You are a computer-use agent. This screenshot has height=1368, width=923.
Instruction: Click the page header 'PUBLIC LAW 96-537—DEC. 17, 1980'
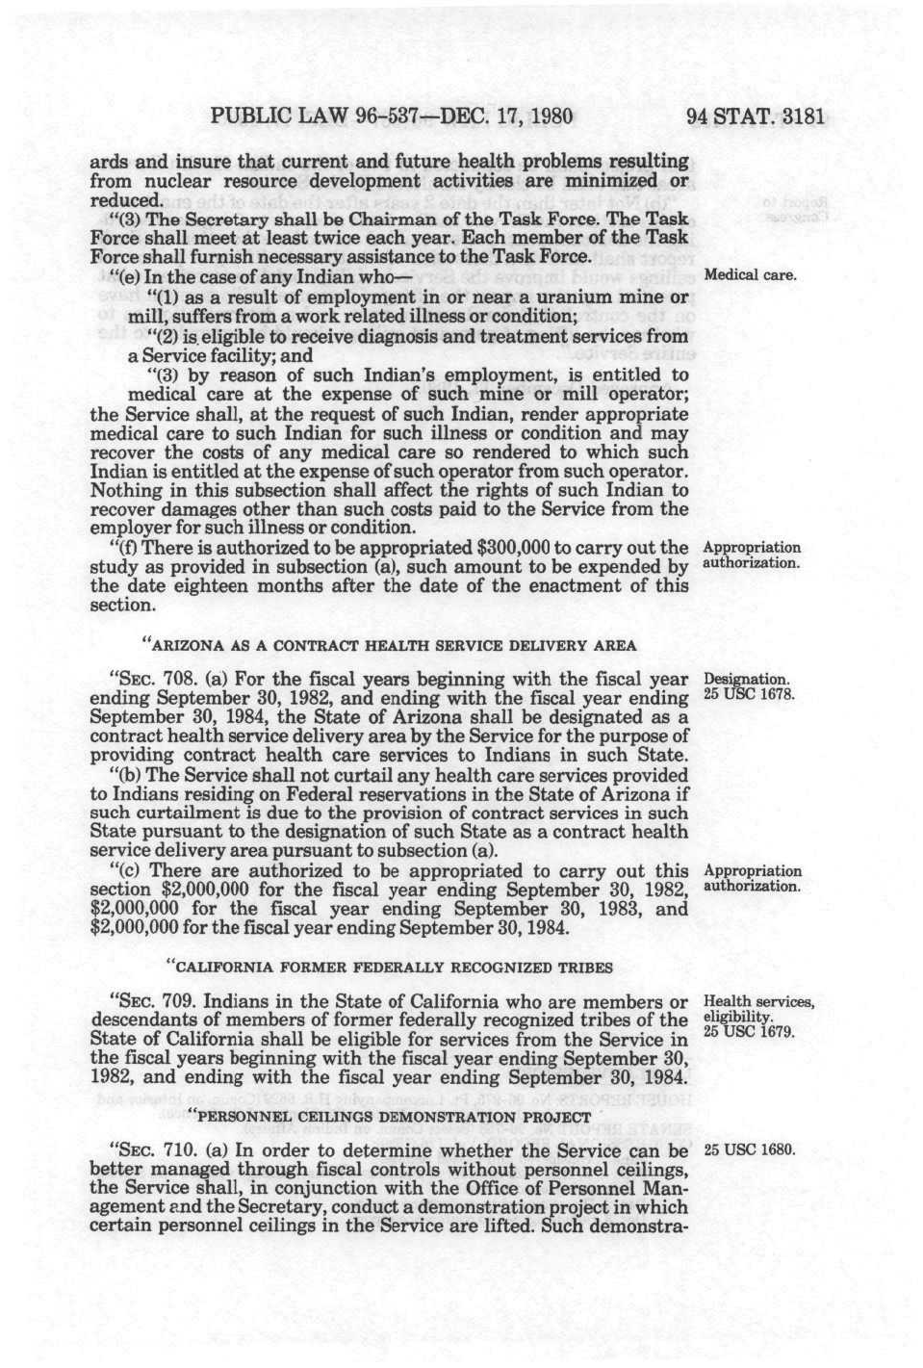click(391, 117)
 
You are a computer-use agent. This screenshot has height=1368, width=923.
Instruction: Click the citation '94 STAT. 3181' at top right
click(756, 117)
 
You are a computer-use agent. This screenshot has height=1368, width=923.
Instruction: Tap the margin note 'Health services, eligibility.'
click(758, 1010)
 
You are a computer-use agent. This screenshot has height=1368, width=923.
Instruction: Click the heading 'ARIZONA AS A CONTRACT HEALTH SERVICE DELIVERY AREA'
click(389, 644)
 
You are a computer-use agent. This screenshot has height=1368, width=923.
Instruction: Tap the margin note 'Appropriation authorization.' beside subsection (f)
click(752, 555)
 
